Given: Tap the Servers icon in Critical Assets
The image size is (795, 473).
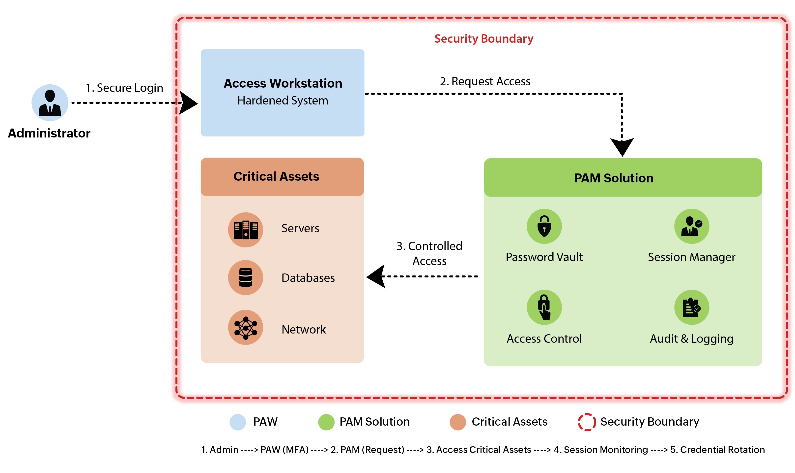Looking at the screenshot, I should pyautogui.click(x=245, y=230).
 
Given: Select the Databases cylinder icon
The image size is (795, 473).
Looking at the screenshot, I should pyautogui.click(x=245, y=277).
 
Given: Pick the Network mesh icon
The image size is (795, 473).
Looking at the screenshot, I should pyautogui.click(x=245, y=327).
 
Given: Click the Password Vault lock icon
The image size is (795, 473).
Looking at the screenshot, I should pyautogui.click(x=544, y=226).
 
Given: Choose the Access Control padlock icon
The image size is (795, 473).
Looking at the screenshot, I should pyautogui.click(x=544, y=307).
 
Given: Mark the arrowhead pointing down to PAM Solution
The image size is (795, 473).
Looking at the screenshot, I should pyautogui.click(x=622, y=147).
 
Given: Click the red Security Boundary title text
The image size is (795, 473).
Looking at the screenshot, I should pyautogui.click(x=483, y=38).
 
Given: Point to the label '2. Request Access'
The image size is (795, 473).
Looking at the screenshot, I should pyautogui.click(x=485, y=81).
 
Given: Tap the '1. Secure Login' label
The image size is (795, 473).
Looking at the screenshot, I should pyautogui.click(x=124, y=88).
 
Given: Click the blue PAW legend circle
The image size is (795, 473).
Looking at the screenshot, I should pyautogui.click(x=237, y=422).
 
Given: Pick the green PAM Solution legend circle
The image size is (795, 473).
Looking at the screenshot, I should pyautogui.click(x=326, y=422).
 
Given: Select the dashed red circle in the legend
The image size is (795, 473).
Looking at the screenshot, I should pyautogui.click(x=587, y=422).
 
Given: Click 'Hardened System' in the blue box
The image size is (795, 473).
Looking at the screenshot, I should pyautogui.click(x=282, y=101).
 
